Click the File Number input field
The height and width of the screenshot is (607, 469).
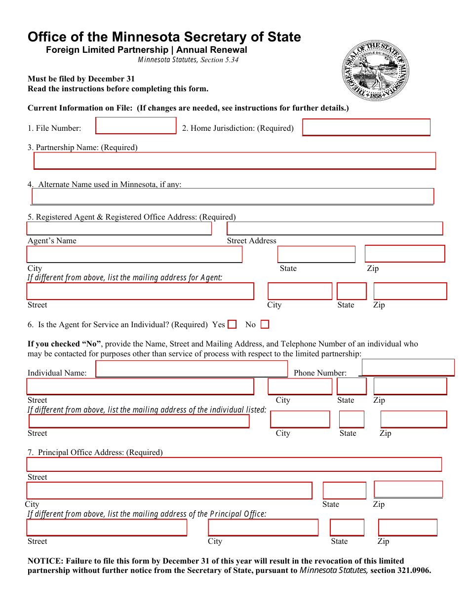(x=136, y=125)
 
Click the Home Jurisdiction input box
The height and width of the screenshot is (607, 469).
(x=366, y=127)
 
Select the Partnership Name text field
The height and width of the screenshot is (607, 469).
(x=234, y=161)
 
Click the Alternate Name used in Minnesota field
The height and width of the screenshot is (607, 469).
(x=233, y=196)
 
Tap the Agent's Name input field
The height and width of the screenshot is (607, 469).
(x=119, y=228)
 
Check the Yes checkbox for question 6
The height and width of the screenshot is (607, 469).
(x=233, y=325)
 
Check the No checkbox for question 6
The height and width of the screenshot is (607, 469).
(x=265, y=325)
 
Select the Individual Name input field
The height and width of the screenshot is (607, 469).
(x=191, y=369)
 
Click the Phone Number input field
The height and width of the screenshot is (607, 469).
(x=408, y=368)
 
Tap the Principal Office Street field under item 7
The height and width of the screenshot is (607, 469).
(x=234, y=464)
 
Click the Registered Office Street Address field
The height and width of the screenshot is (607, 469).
(x=335, y=228)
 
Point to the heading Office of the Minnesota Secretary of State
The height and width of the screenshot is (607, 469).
(x=164, y=37)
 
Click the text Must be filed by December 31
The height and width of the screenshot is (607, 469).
(x=81, y=79)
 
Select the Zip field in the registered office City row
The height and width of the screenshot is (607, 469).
(x=404, y=254)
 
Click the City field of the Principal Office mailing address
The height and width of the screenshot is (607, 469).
(x=263, y=528)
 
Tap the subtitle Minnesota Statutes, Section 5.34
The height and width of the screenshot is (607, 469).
(x=188, y=60)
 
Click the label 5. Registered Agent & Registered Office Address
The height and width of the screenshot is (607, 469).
(x=131, y=217)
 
